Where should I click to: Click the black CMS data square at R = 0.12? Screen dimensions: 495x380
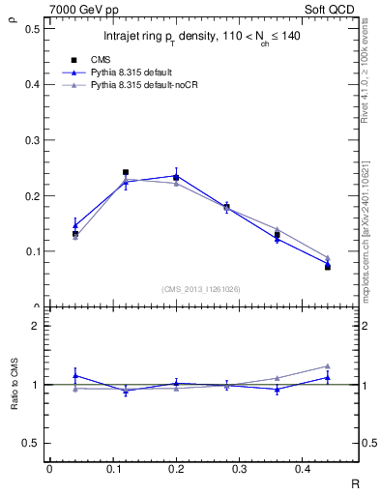[126, 172]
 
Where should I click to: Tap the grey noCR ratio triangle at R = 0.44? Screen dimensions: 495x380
[328, 366]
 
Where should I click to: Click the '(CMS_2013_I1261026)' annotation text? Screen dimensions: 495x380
[201, 289]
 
